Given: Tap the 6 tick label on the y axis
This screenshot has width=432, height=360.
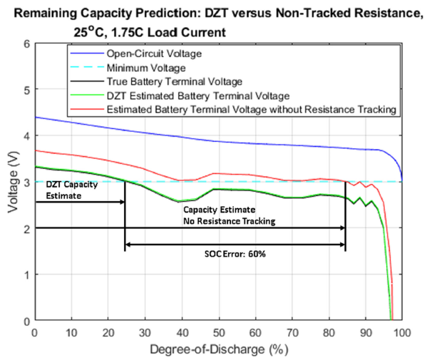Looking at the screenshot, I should click(x=27, y=43).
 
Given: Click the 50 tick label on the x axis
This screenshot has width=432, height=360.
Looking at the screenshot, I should click(x=218, y=333).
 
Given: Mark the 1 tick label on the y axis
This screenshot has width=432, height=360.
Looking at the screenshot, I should click(x=27, y=274).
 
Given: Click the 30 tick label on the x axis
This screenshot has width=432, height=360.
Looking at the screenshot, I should click(x=145, y=333).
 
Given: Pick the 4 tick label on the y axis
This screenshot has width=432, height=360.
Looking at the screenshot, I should click(x=27, y=135).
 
